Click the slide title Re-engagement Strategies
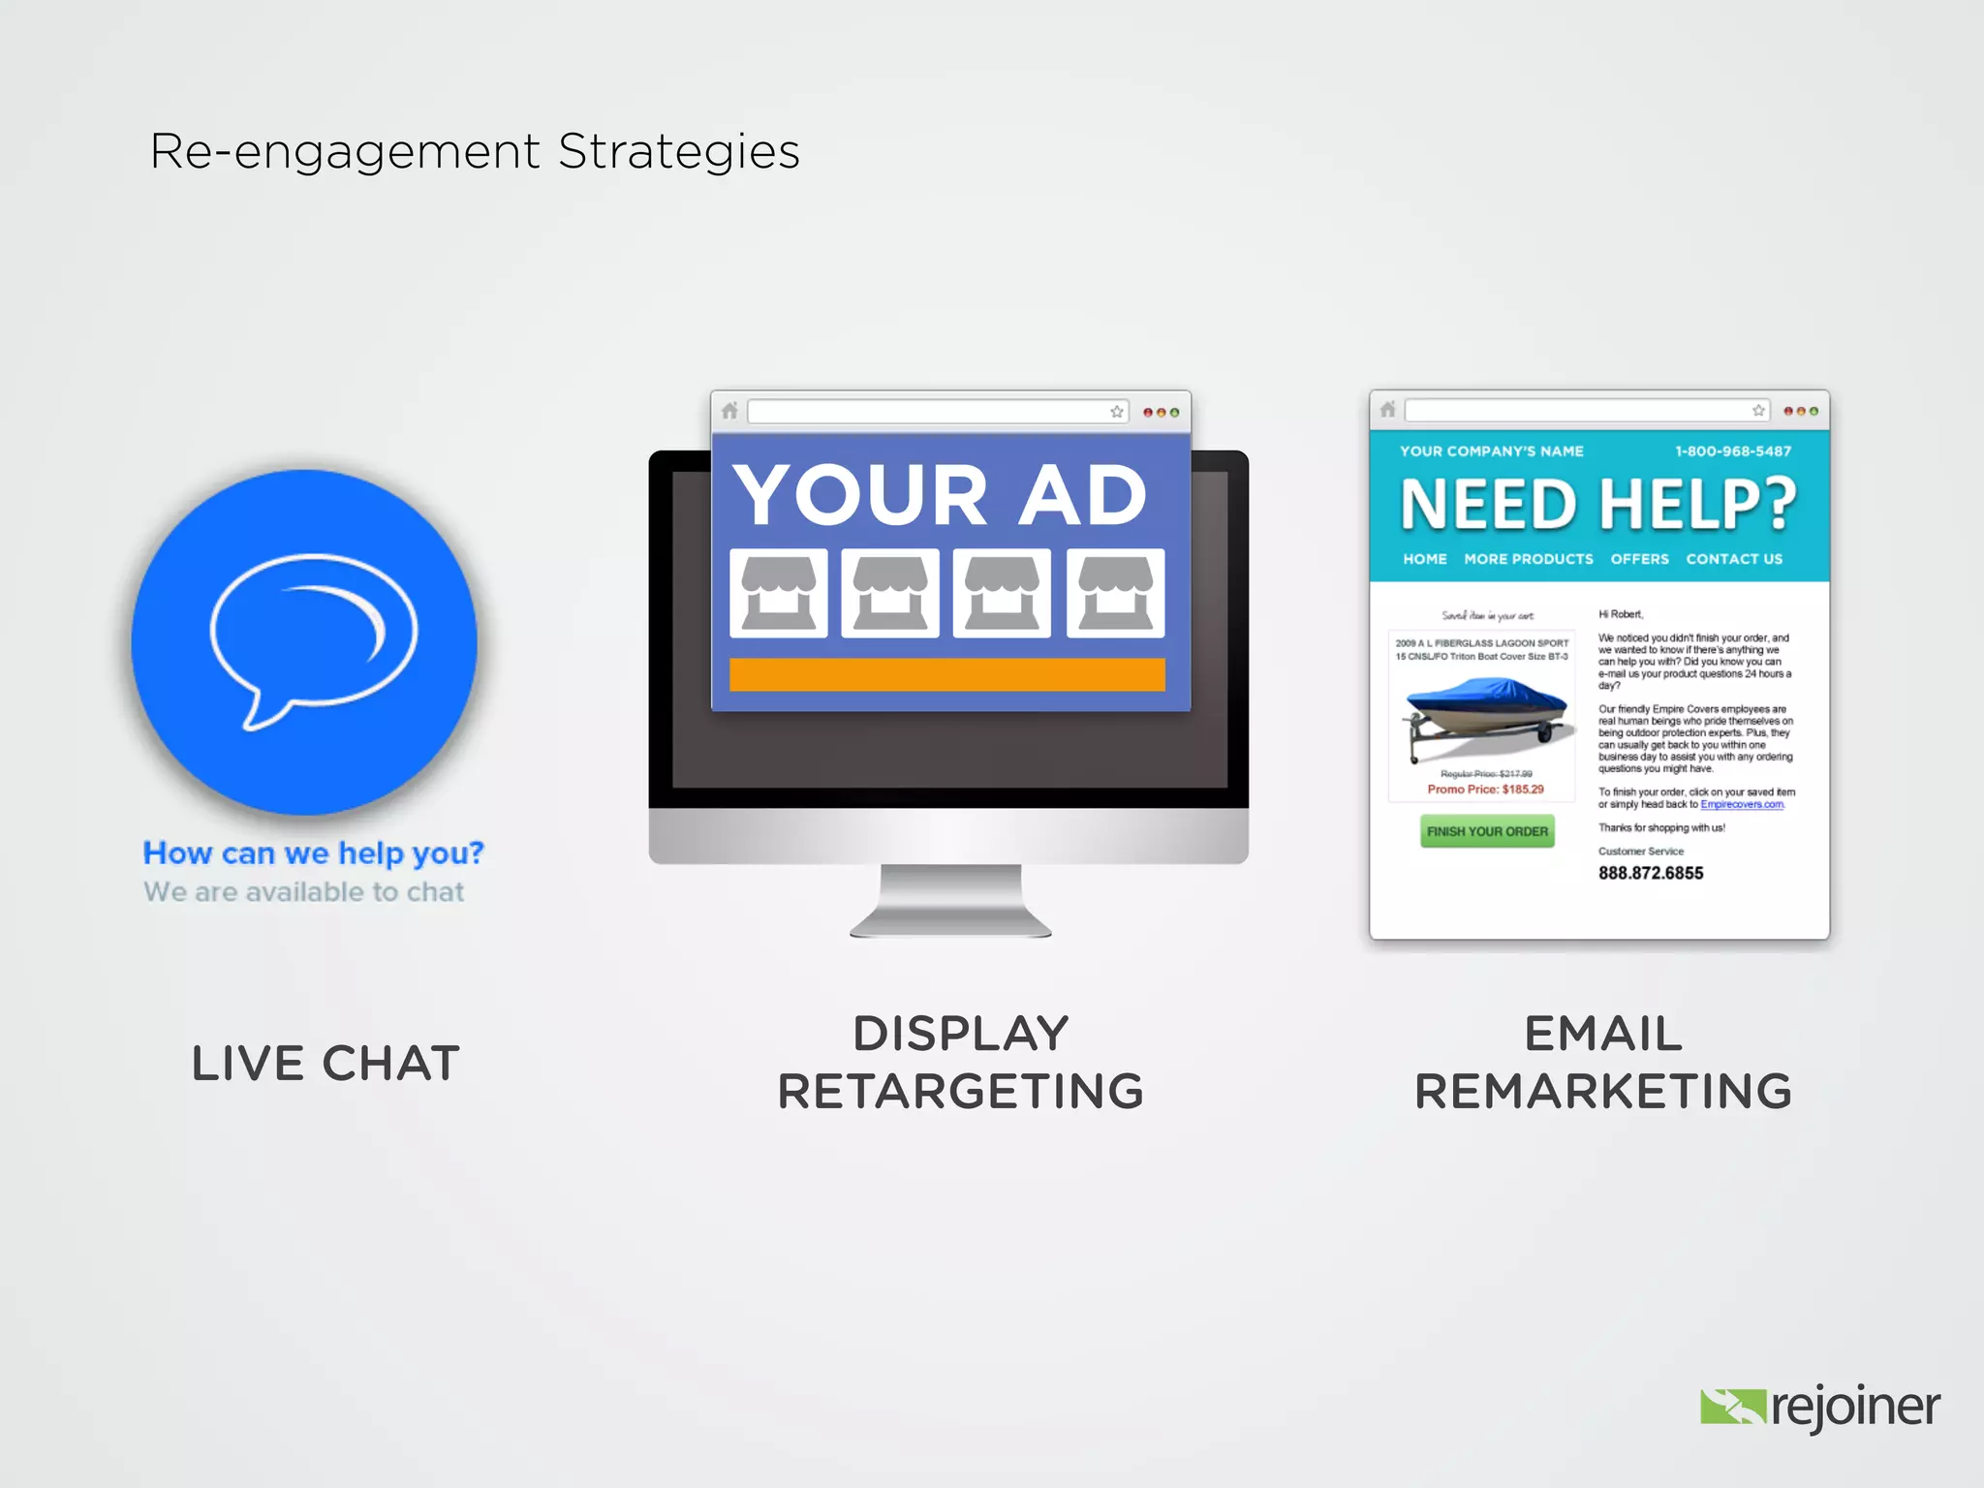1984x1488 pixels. [475, 152]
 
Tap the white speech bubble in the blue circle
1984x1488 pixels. [312, 635]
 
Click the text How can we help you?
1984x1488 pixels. [313, 852]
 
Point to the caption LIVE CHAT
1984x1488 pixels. [325, 1064]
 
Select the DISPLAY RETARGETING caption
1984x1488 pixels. [961, 1062]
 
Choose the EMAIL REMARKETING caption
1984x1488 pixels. [1603, 1062]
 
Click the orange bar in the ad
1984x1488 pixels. [946, 675]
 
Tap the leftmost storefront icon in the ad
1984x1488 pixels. [778, 593]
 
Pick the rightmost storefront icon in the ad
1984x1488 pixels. [1115, 593]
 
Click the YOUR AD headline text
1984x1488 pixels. [940, 495]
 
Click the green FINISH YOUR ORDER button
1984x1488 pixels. [1487, 831]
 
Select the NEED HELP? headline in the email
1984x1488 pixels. [1598, 505]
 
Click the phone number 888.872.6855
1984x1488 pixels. [1651, 873]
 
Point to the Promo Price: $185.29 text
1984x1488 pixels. [1485, 790]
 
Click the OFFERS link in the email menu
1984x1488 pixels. [1639, 559]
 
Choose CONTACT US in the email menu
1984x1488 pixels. [1734, 559]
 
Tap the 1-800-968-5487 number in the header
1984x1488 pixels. [1733, 451]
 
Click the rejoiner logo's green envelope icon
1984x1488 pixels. [1732, 1407]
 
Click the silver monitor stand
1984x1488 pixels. [950, 901]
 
